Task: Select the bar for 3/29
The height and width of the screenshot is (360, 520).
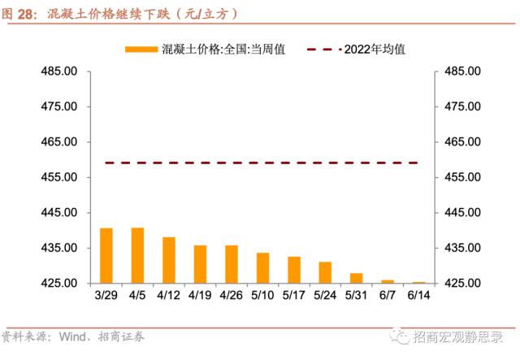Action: coord(106,255)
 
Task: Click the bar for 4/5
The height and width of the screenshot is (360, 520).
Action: coord(137,255)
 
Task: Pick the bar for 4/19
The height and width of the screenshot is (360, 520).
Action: coord(200,264)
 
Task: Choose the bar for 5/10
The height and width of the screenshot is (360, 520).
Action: coord(262,267)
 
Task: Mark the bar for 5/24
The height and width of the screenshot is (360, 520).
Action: coord(325,272)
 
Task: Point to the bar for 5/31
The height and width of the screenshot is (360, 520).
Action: coord(356,278)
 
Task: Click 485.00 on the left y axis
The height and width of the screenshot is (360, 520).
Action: coord(59,72)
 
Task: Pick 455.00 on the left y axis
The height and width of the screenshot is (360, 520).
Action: coord(59,177)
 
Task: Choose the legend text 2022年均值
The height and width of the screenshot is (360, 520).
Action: coord(375,49)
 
